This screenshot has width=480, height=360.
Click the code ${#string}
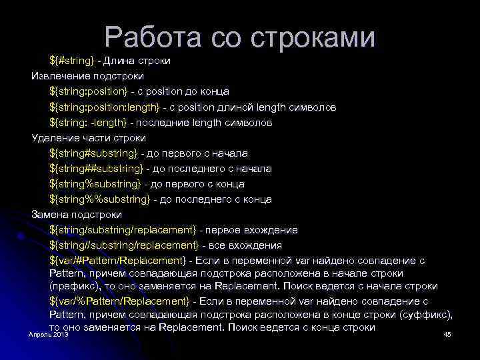pyautogui.click(x=72, y=61)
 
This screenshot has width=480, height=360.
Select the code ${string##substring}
pyautogui.click(x=96, y=169)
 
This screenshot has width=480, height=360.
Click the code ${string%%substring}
pyautogui.click(x=99, y=199)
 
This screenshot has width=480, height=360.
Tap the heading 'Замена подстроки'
pyautogui.click(x=77, y=215)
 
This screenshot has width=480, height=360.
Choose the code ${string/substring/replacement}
pyautogui.click(x=123, y=230)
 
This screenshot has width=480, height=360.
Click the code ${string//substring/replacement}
pyautogui.click(x=124, y=245)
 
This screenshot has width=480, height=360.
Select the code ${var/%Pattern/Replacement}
pyautogui.click(x=119, y=301)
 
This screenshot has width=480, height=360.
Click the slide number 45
pyautogui.click(x=447, y=333)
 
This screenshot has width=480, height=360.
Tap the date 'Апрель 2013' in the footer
pyautogui.click(x=49, y=333)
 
